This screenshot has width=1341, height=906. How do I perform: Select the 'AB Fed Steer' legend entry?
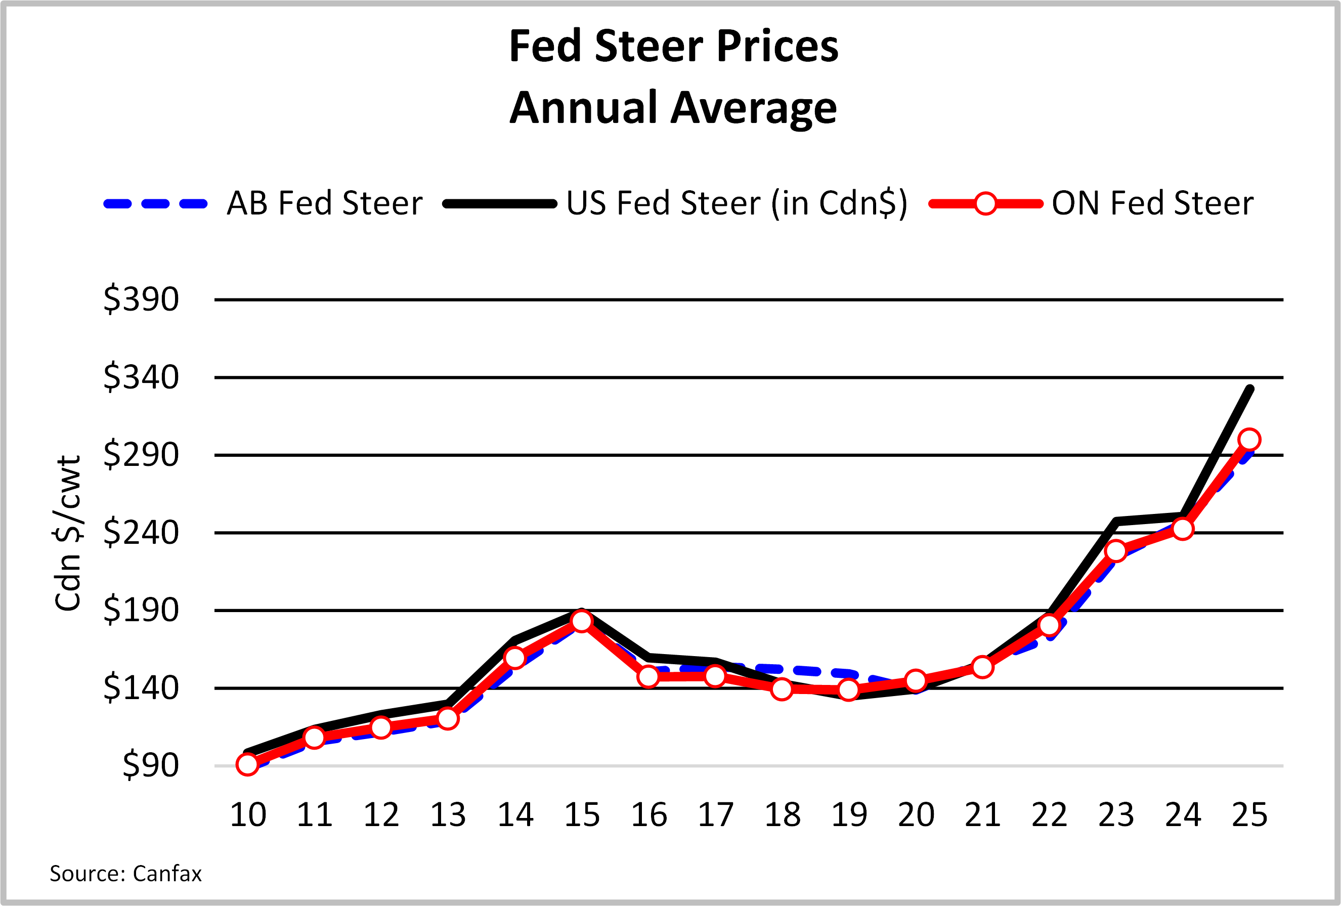[324, 203]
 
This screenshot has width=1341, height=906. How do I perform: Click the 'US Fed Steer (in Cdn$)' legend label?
[737, 203]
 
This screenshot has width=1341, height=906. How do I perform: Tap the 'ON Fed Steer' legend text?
[1152, 203]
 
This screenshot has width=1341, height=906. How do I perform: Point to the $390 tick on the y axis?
[141, 299]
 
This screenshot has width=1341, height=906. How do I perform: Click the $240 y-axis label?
[141, 533]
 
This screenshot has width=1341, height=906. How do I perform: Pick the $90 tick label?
[151, 765]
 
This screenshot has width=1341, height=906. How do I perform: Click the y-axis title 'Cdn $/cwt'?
[68, 533]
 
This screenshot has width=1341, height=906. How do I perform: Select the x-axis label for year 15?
[582, 815]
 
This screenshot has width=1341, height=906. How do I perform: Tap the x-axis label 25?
[1249, 815]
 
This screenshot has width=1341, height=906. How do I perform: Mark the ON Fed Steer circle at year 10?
[247, 765]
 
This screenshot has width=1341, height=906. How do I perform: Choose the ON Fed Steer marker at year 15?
[582, 621]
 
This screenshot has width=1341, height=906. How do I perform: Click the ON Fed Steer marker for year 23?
[1116, 551]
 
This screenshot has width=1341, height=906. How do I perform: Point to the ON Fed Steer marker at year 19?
[849, 689]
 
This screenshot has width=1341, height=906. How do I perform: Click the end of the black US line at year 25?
[1250, 390]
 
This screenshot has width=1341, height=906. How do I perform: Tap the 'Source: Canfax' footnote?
[125, 874]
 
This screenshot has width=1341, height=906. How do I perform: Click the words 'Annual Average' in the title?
[673, 108]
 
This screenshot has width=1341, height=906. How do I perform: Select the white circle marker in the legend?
[985, 204]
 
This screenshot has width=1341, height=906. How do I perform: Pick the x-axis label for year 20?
[916, 815]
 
